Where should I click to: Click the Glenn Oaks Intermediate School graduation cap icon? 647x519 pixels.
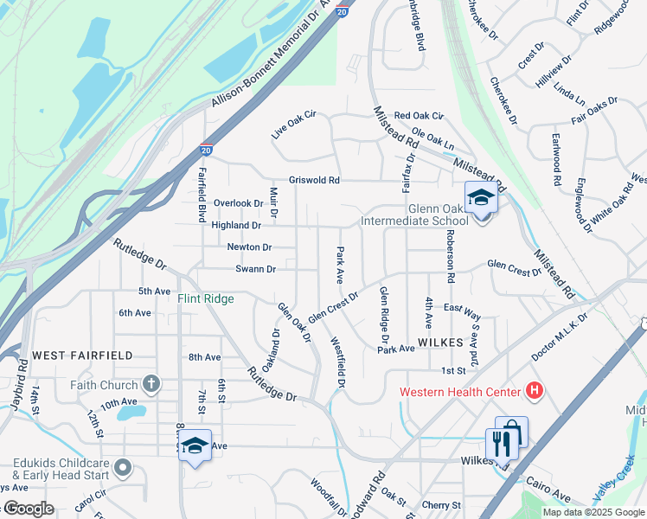pos(481,199)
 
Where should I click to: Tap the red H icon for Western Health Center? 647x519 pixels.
pos(534,392)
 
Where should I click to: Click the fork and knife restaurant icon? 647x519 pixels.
pos(502,444)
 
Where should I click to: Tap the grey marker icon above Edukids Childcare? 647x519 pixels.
pos(123,468)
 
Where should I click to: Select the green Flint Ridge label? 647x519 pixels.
pos(206,299)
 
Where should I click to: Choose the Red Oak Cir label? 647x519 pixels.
pos(418,115)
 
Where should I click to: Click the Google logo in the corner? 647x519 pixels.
pos(29,509)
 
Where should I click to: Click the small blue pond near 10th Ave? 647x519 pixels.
pos(130,413)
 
